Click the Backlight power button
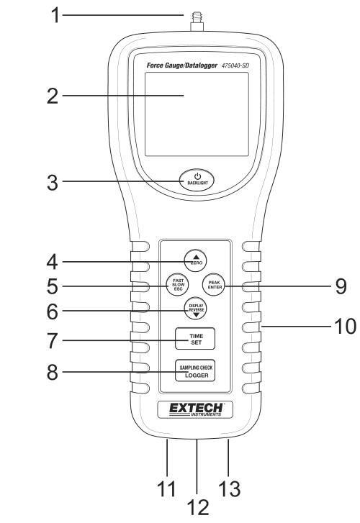click(197, 180)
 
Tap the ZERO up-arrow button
click(196, 260)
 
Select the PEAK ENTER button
click(214, 284)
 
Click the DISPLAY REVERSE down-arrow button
click(196, 309)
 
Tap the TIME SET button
click(195, 339)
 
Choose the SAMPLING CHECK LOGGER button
click(195, 371)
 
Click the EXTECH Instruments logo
click(195, 409)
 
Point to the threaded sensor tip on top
click(197, 22)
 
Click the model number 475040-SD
click(235, 65)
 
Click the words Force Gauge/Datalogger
click(182, 65)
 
